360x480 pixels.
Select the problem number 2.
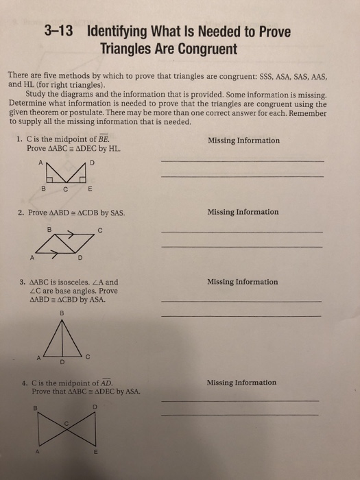[x=21, y=212]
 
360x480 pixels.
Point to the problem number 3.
[x=22, y=282]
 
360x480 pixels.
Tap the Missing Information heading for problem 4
[x=242, y=383]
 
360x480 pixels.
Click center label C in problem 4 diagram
[x=67, y=423]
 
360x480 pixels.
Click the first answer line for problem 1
[x=241, y=160]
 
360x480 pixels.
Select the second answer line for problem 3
[x=240, y=315]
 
